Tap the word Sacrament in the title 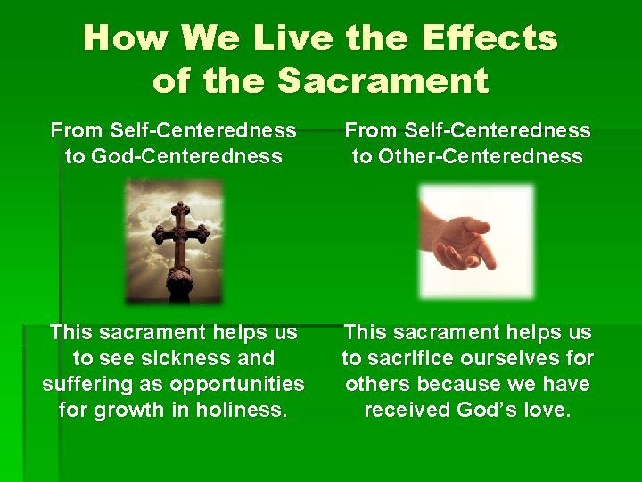tap(383, 81)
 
